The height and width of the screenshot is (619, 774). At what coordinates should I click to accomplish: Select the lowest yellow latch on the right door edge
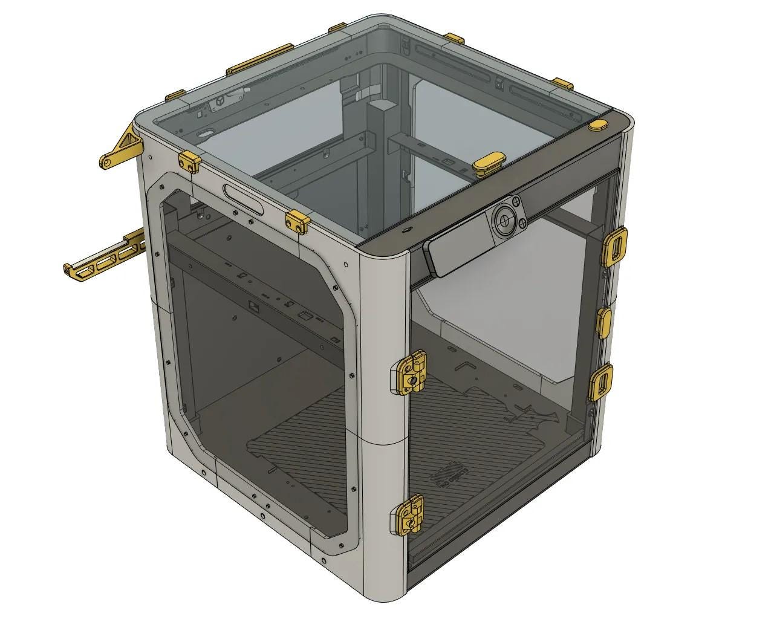[602, 381]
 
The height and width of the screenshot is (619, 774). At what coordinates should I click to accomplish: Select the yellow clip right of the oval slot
[297, 221]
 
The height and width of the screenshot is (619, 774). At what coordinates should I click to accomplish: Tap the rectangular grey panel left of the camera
[455, 255]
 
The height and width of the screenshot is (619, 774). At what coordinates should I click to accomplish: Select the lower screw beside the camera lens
[520, 224]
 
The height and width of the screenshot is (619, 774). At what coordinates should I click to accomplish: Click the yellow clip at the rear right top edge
[562, 83]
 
